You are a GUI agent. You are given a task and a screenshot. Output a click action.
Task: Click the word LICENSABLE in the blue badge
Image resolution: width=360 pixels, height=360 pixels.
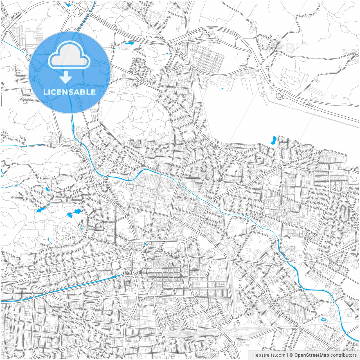click(69, 92)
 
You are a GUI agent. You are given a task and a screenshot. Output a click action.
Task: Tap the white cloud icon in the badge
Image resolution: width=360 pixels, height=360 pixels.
click(69, 55)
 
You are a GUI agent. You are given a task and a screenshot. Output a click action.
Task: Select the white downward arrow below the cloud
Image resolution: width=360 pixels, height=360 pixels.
click(66, 77)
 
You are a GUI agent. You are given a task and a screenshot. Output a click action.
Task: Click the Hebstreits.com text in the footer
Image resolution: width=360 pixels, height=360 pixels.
click(269, 355)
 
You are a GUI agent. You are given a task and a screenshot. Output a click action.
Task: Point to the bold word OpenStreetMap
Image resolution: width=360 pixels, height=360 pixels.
click(312, 355)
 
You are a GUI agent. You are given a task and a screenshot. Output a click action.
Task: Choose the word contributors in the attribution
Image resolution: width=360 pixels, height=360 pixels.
click(343, 355)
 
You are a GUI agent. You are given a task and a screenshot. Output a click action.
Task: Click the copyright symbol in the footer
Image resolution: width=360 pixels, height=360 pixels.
click(291, 355)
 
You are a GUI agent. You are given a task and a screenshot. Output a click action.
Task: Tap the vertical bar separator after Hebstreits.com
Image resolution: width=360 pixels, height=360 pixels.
click(287, 355)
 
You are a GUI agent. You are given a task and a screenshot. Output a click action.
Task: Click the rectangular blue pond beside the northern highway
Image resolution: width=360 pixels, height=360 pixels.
click(129, 44)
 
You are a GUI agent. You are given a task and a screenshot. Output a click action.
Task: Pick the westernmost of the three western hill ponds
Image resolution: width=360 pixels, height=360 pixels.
click(40, 210)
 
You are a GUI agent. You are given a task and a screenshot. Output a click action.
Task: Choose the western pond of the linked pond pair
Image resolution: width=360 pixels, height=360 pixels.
click(69, 216)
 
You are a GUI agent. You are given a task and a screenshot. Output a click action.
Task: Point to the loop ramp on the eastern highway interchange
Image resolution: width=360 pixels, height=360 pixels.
click(280, 95)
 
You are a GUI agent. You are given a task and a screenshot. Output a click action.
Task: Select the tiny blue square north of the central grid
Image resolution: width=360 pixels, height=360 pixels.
click(145, 244)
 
